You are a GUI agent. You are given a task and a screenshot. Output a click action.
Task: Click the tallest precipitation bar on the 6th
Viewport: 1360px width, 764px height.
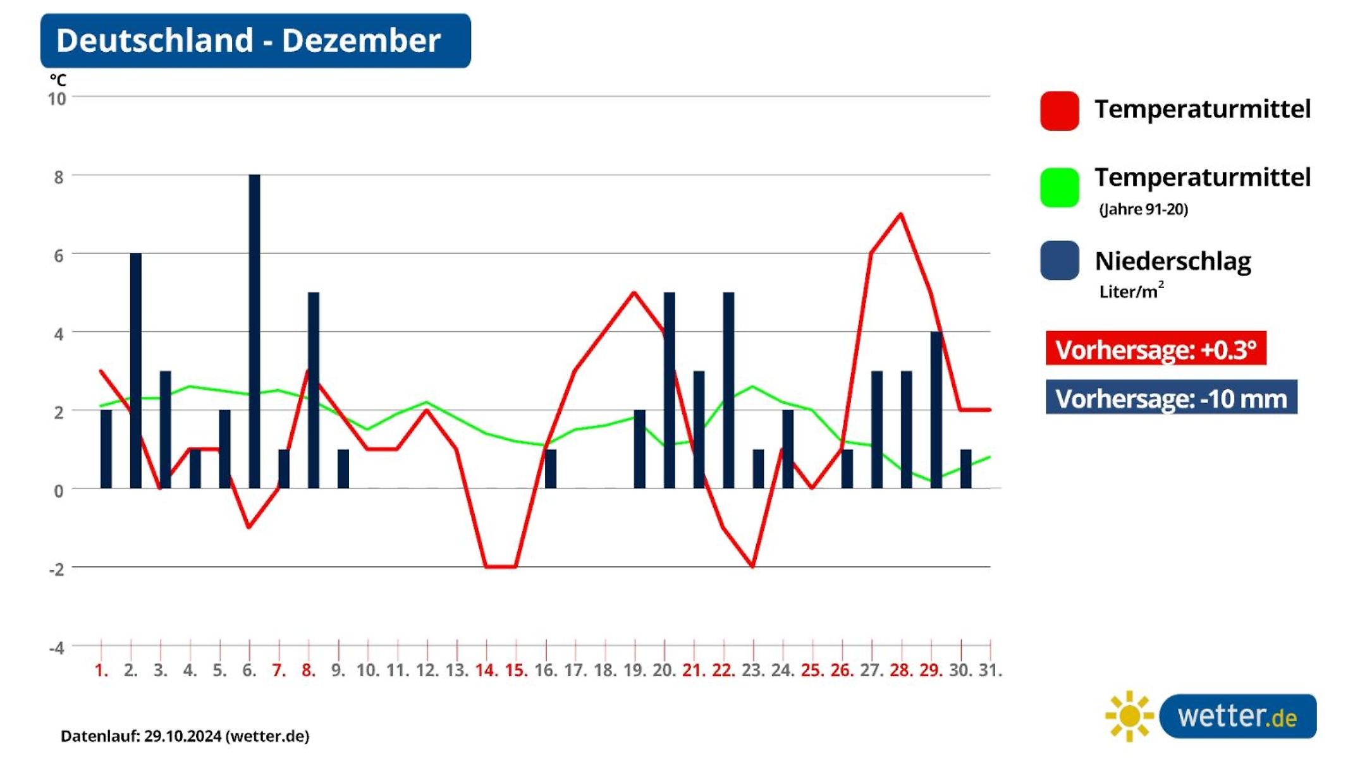254,331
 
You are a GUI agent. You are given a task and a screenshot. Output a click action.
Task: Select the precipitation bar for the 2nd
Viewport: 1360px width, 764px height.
136,370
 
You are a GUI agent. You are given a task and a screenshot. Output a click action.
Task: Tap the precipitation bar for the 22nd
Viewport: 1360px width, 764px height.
728,390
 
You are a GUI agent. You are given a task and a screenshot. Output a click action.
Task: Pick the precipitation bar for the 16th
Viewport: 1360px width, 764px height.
551,469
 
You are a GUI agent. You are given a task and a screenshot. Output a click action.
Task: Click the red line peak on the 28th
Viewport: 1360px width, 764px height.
900,214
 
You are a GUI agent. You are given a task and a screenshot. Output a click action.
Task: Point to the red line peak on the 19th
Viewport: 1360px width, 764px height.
634,293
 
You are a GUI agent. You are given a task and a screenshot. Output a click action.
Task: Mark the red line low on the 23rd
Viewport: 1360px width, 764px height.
752,566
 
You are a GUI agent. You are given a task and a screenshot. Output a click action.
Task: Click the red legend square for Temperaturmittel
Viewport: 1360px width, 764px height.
1060,111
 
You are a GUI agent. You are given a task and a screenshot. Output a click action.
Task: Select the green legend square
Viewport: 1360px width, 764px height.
1060,187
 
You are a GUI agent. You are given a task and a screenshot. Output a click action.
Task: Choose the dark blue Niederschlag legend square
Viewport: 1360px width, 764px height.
1060,260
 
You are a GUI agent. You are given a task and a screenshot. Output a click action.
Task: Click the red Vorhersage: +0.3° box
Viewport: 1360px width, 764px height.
1156,348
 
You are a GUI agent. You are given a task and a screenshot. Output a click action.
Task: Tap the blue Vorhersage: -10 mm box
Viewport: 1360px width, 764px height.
1171,397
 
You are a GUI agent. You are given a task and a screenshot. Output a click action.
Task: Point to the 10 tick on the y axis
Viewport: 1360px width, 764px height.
57,99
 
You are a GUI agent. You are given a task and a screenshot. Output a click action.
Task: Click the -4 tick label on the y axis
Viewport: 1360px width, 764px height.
57,647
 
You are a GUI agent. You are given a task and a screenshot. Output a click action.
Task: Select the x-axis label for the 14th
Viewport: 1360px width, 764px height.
486,670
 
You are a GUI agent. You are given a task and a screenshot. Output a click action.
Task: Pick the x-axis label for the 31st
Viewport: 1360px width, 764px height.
990,670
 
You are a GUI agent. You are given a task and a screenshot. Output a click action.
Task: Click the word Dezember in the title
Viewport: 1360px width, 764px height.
360,40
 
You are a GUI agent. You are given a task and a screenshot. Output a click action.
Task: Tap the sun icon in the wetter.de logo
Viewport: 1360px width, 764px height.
1129,716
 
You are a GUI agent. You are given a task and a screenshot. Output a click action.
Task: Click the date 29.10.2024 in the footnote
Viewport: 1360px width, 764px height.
183,736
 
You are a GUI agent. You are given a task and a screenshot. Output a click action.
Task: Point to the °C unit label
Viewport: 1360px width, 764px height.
58,80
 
